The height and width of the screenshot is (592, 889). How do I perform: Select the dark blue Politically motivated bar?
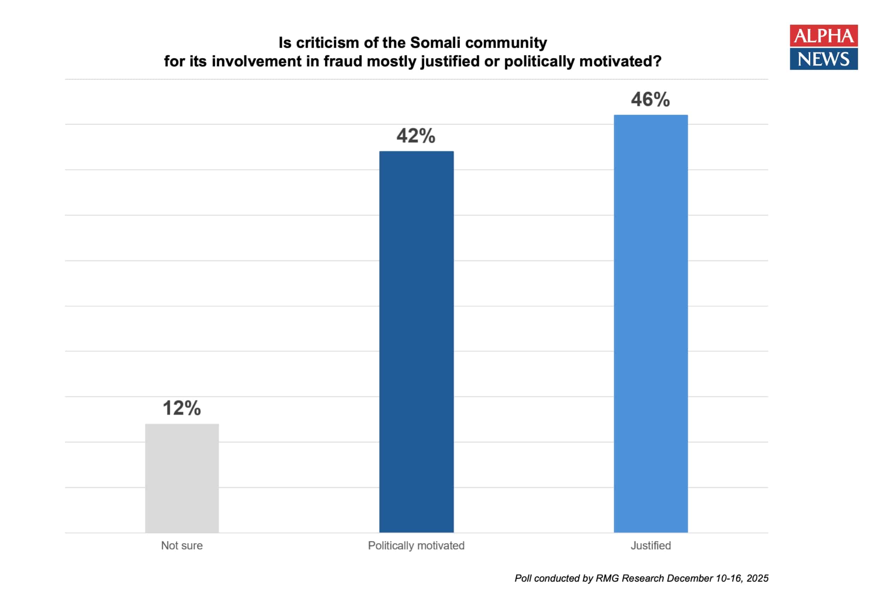(416, 342)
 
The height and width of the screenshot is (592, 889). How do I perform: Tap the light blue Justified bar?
(651, 324)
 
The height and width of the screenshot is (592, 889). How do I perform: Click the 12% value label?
(182, 408)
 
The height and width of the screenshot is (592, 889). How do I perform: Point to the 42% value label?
(416, 136)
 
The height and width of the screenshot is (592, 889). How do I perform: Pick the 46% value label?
(650, 100)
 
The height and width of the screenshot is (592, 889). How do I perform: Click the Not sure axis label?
(182, 546)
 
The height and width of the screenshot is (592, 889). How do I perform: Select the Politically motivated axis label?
(416, 546)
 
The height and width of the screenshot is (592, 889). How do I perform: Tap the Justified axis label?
(651, 546)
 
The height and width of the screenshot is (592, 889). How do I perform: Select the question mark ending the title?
(657, 62)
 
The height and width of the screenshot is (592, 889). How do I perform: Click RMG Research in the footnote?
(630, 578)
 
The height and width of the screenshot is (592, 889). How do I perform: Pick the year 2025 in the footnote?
(758, 578)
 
